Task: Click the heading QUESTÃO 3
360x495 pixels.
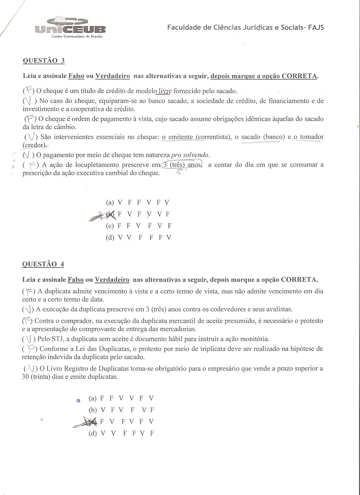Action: [44, 60]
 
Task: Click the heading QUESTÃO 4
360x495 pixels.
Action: [43, 264]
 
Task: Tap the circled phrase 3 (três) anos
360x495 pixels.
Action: [182, 165]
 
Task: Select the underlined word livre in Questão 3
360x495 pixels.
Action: [164, 91]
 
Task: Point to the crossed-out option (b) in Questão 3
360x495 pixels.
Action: [110, 214]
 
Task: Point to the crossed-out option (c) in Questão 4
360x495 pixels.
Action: [92, 421]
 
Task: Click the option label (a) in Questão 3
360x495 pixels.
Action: [110, 202]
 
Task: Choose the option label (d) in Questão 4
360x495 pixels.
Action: [93, 433]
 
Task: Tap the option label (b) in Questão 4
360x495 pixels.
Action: [93, 410]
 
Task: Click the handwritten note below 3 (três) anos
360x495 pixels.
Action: [181, 173]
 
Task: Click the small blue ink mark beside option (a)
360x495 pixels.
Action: [78, 400]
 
